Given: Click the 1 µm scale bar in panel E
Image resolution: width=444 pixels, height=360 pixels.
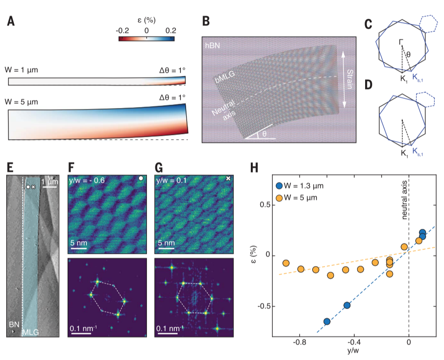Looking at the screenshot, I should coord(50,187).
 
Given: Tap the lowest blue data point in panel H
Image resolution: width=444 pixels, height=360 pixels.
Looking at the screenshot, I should coord(327,321).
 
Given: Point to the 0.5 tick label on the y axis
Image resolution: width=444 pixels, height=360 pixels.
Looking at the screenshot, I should coord(266,205).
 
